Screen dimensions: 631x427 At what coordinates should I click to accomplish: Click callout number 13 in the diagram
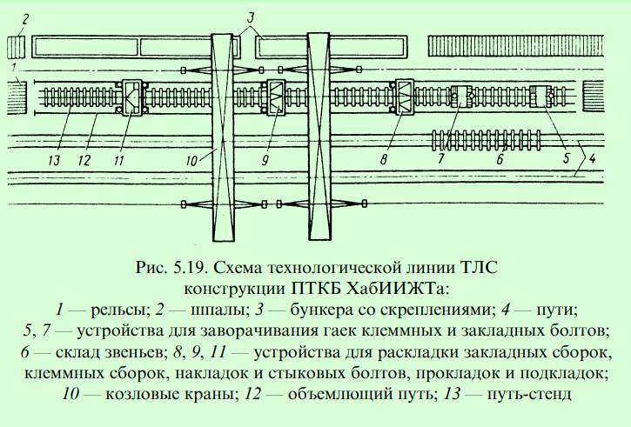[54, 161]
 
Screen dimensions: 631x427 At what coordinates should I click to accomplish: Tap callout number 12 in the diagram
[84, 161]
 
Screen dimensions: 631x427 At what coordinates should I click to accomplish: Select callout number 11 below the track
[118, 161]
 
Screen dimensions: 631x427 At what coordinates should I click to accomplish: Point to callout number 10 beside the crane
[191, 161]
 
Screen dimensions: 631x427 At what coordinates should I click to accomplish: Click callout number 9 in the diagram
[265, 160]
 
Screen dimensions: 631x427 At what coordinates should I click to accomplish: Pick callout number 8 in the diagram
[384, 160]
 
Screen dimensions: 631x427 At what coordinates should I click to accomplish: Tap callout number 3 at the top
[251, 18]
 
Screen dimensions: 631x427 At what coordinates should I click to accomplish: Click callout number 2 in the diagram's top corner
[26, 19]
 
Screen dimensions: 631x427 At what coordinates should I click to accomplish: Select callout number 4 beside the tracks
[592, 158]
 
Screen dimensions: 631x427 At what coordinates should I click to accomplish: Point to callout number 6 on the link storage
[500, 160]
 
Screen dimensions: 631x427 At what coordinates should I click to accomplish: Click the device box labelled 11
[132, 98]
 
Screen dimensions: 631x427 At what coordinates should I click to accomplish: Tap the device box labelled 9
[276, 98]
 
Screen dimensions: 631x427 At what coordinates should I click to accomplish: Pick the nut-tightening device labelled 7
[464, 97]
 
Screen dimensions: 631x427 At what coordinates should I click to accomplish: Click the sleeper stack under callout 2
[16, 47]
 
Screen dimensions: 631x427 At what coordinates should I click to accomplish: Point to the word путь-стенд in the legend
[529, 394]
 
